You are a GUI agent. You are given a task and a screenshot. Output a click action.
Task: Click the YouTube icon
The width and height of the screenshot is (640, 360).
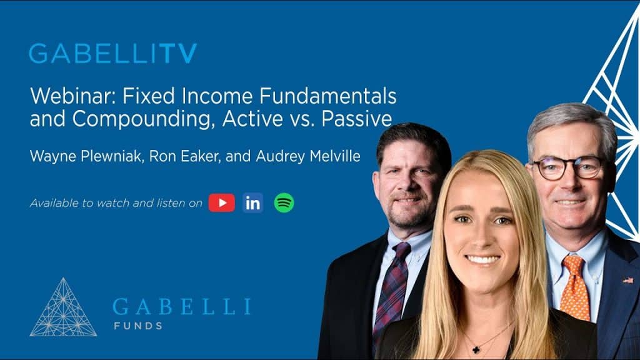(x=221, y=202)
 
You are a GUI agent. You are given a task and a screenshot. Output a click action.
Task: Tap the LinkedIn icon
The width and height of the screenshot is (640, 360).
(x=253, y=202)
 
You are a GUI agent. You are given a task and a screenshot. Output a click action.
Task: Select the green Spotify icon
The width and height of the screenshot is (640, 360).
(x=284, y=202)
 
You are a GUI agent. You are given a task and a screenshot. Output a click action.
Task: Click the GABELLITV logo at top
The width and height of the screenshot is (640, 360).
(x=112, y=54)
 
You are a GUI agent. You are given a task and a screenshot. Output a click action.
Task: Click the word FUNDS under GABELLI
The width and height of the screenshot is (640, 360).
(x=137, y=326)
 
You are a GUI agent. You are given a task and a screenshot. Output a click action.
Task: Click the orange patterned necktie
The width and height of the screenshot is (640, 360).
(x=574, y=287)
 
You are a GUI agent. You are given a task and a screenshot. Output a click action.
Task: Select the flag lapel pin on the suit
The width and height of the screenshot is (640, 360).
(x=627, y=279)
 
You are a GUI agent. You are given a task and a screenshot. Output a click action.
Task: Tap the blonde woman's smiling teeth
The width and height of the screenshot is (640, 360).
(x=482, y=259)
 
